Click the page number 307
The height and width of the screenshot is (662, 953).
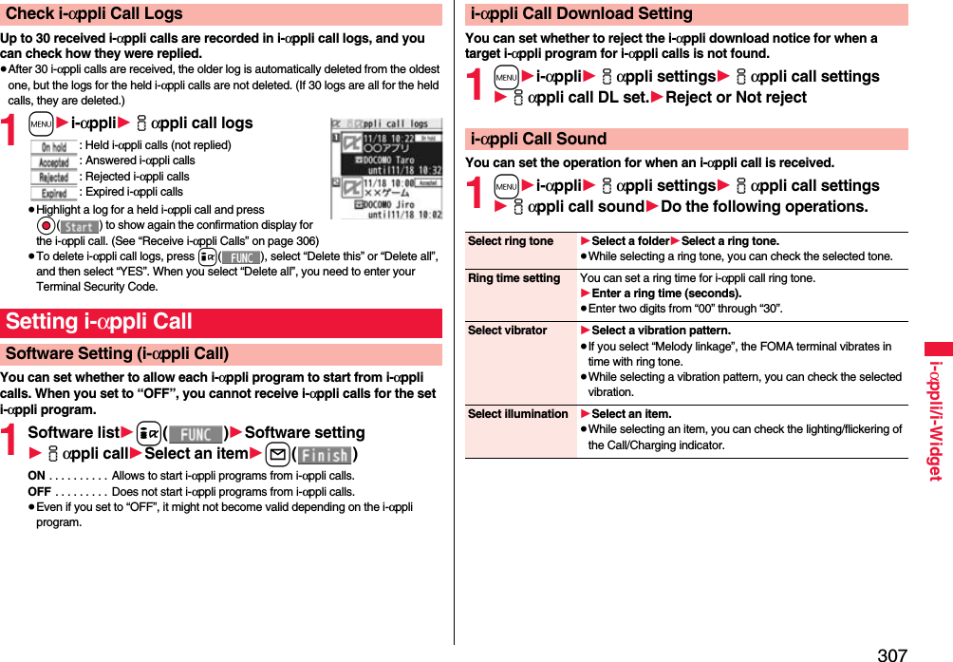pos(891,654)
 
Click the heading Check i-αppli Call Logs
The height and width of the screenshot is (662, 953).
pos(94,13)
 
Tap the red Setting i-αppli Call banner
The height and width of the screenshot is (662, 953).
pos(99,321)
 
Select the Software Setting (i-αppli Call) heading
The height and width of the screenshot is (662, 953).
pos(117,353)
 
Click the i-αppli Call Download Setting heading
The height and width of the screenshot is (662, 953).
pos(582,13)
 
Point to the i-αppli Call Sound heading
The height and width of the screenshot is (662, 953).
pos(538,139)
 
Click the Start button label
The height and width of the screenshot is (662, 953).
pos(80,226)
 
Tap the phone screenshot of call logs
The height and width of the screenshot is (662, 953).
pos(385,168)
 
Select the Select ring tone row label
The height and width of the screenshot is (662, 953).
pos(511,241)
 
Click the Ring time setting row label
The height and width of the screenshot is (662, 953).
pos(514,278)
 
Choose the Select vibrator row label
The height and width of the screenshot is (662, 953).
pos(508,331)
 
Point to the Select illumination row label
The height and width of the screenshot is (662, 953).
pos(518,414)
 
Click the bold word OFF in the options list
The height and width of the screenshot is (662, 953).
pos(40,491)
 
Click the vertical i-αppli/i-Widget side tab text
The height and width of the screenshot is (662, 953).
pos(934,419)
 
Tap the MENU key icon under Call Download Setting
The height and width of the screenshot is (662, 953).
pos(507,77)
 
